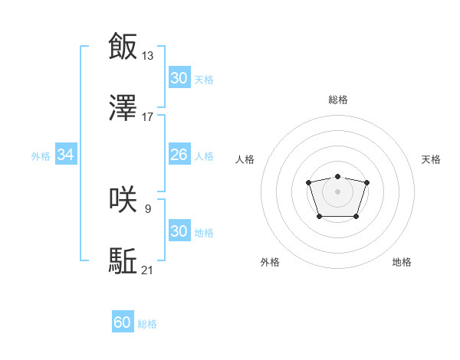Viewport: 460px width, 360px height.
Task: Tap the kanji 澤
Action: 123,109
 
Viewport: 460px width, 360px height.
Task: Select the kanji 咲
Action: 123,199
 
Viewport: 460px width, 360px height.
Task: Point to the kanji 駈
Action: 123,261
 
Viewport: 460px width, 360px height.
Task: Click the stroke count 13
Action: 148,55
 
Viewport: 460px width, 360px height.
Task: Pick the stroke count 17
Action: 148,118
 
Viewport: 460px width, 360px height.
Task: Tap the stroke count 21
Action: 148,270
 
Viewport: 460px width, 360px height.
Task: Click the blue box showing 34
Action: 66,155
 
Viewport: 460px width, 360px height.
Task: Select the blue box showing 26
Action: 179,155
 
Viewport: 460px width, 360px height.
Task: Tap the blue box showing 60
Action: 123,323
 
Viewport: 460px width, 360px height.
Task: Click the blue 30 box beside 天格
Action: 179,78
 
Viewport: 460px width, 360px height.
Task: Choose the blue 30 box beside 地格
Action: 179,231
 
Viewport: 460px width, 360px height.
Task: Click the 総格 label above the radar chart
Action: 337,100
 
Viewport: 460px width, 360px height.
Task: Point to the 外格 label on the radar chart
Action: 270,262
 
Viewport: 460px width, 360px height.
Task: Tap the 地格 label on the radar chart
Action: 402,262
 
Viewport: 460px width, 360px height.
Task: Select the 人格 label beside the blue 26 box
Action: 204,156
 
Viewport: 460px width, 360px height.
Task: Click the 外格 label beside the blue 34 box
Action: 41,156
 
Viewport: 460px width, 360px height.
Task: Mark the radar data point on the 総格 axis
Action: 337,176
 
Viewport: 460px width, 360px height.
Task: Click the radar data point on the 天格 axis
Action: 366,182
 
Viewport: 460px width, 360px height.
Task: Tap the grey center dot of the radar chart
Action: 337,191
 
